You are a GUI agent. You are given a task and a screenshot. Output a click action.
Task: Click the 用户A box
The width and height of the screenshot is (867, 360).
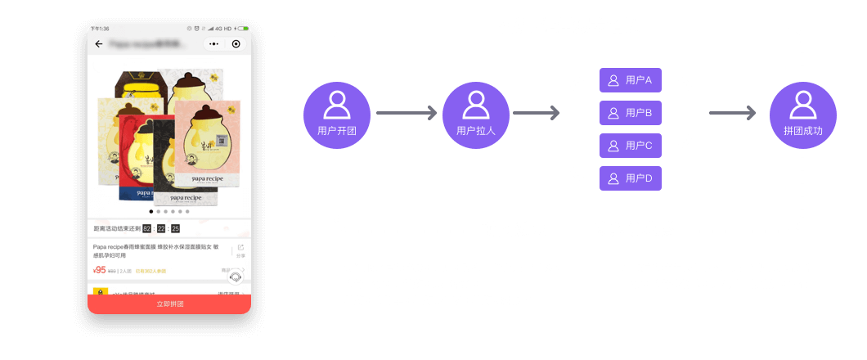(631, 80)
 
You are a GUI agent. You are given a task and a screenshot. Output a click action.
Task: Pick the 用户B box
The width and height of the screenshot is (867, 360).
(631, 113)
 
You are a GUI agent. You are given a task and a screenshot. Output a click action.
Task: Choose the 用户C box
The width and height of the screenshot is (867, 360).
(631, 146)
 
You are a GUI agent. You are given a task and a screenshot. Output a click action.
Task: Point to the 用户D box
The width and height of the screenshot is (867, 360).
(631, 178)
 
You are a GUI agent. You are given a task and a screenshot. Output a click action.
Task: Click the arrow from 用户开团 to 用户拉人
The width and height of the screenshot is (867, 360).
(406, 113)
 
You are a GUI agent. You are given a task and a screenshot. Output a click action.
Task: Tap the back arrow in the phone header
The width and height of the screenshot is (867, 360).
(99, 44)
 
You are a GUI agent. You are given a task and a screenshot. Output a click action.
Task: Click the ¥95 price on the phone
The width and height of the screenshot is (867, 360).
(99, 269)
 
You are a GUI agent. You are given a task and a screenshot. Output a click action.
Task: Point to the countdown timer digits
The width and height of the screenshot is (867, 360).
(161, 228)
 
